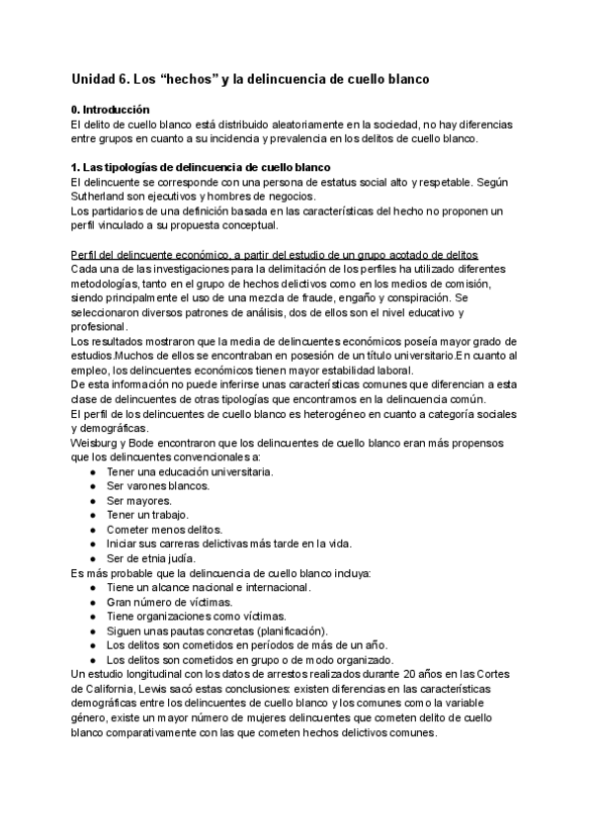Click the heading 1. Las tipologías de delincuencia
201,168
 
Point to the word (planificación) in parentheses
292,630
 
